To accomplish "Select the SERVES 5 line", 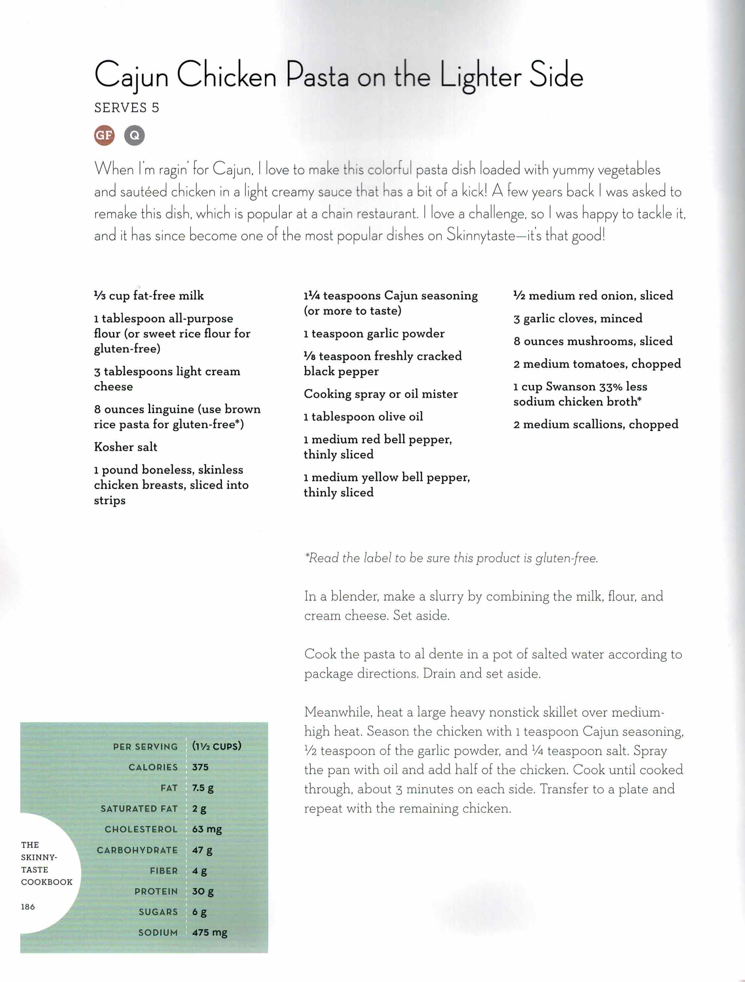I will click(127, 108).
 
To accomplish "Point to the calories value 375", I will click(200, 767).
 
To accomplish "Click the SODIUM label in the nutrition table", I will click(158, 932).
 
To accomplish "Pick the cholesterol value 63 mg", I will click(207, 829).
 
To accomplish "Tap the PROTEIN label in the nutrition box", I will click(156, 891).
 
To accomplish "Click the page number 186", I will click(27, 907).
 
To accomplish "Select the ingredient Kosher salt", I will click(126, 447).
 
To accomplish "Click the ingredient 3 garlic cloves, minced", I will click(578, 318).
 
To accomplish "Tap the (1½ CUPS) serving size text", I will click(216, 746).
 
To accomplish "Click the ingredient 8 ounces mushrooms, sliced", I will click(593, 341).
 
